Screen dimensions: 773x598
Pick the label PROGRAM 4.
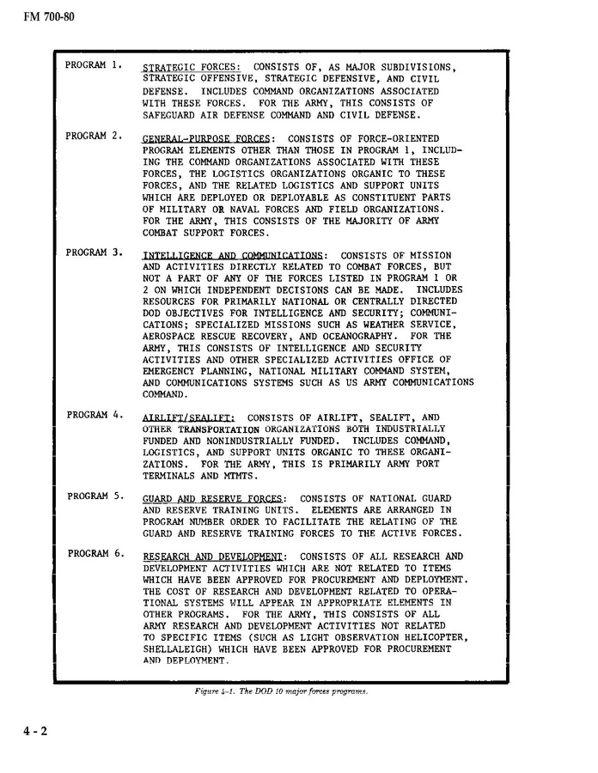[96, 415]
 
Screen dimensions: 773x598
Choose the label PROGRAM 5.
[97, 496]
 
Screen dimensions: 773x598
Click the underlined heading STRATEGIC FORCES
[191, 67]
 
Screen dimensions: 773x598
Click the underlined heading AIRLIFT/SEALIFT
[188, 417]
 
